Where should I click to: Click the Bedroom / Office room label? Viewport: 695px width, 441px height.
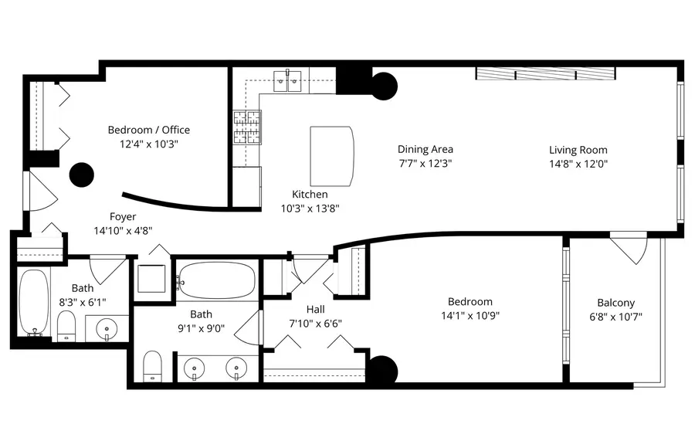(x=148, y=130)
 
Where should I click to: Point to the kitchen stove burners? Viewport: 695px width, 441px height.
(x=247, y=127)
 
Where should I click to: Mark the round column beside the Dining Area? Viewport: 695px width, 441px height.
(x=384, y=86)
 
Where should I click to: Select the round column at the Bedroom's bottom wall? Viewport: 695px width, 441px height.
(x=381, y=370)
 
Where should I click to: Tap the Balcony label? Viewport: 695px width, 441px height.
(x=615, y=303)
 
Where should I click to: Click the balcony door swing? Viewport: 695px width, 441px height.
(x=629, y=249)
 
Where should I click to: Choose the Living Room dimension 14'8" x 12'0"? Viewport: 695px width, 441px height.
(x=578, y=163)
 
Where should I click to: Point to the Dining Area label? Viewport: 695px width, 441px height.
(x=425, y=149)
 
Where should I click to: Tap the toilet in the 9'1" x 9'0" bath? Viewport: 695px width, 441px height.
(x=153, y=365)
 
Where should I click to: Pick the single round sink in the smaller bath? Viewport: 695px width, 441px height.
(x=107, y=329)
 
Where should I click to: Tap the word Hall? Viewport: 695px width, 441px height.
(x=315, y=310)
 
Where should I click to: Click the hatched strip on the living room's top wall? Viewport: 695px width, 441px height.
(x=545, y=73)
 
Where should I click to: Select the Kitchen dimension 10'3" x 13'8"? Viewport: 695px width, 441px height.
(x=309, y=208)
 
